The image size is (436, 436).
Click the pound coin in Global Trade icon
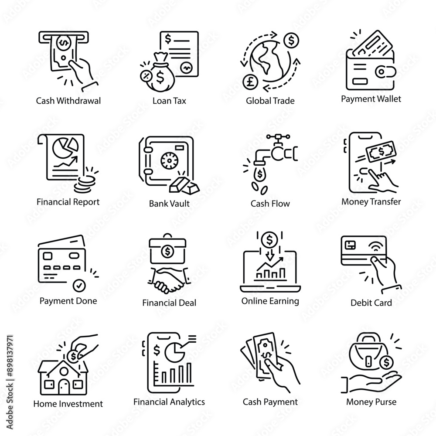coord(251,82)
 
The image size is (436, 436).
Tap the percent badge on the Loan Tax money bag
coord(146,75)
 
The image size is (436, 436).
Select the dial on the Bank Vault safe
coord(168,160)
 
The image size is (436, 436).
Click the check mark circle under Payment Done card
coord(79,285)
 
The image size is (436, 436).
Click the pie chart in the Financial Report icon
coord(65,148)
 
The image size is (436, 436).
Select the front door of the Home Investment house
coord(64,387)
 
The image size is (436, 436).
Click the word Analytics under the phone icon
coord(187,402)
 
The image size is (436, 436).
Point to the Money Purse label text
coord(371,402)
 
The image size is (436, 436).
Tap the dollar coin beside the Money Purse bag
coord(386,362)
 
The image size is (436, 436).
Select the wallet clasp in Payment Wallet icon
coord(385,72)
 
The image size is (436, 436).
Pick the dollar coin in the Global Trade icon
coord(291,41)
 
